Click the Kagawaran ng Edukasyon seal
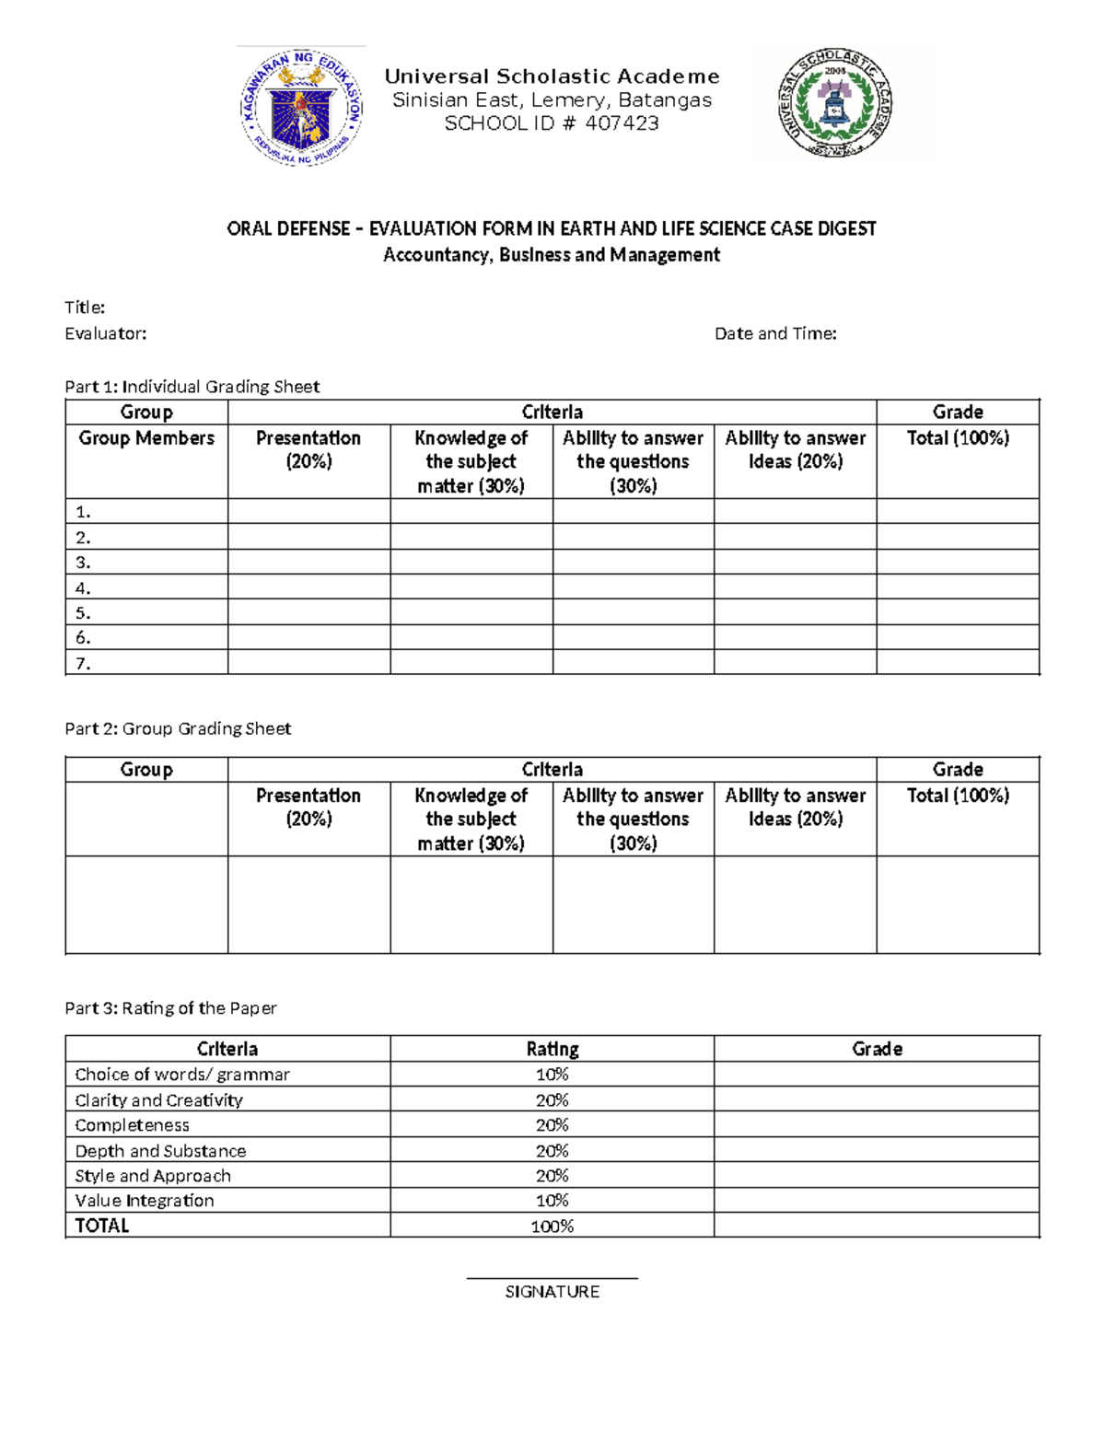[x=301, y=108]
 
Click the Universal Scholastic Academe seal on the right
[x=835, y=102]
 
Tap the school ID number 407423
[x=622, y=123]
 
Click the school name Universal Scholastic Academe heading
[x=552, y=76]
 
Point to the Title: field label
[x=85, y=308]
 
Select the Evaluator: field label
[x=105, y=333]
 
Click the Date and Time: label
[x=775, y=333]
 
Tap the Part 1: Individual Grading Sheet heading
[x=192, y=387]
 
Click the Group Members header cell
[x=146, y=438]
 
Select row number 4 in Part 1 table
[x=83, y=587]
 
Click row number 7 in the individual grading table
[x=83, y=663]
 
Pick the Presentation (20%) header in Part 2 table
[x=308, y=807]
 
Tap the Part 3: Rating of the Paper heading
[x=170, y=1008]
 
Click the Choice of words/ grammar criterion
[x=182, y=1075]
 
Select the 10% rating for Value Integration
[x=552, y=1201]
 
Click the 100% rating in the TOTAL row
[x=552, y=1227]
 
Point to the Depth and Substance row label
[x=160, y=1151]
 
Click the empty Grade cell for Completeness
[x=876, y=1125]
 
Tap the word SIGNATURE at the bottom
[x=552, y=1292]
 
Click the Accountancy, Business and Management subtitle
[x=552, y=255]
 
